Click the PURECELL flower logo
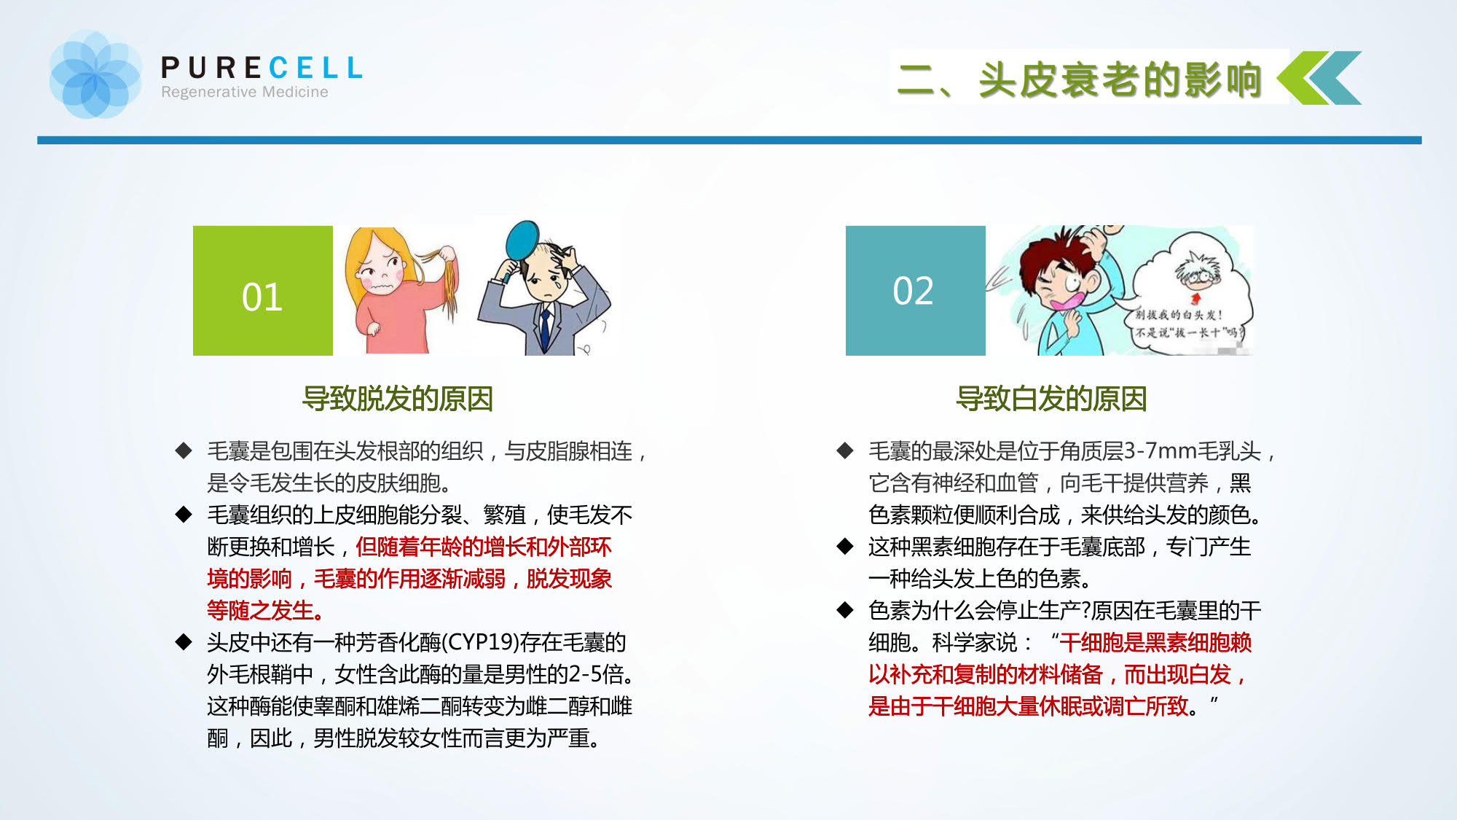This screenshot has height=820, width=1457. pos(95,74)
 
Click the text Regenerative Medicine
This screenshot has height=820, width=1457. pos(245,92)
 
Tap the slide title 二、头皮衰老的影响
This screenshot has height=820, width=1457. pos(1080,79)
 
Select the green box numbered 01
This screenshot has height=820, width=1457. pos(263,291)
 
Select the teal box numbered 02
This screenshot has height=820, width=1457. pos(916,291)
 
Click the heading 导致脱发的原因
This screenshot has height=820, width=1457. pos(398,399)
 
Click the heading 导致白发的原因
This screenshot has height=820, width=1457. pos(1051,399)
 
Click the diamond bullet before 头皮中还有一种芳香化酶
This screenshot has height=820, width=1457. pos(184,642)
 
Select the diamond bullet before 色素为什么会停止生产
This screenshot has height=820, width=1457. pos(845,610)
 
